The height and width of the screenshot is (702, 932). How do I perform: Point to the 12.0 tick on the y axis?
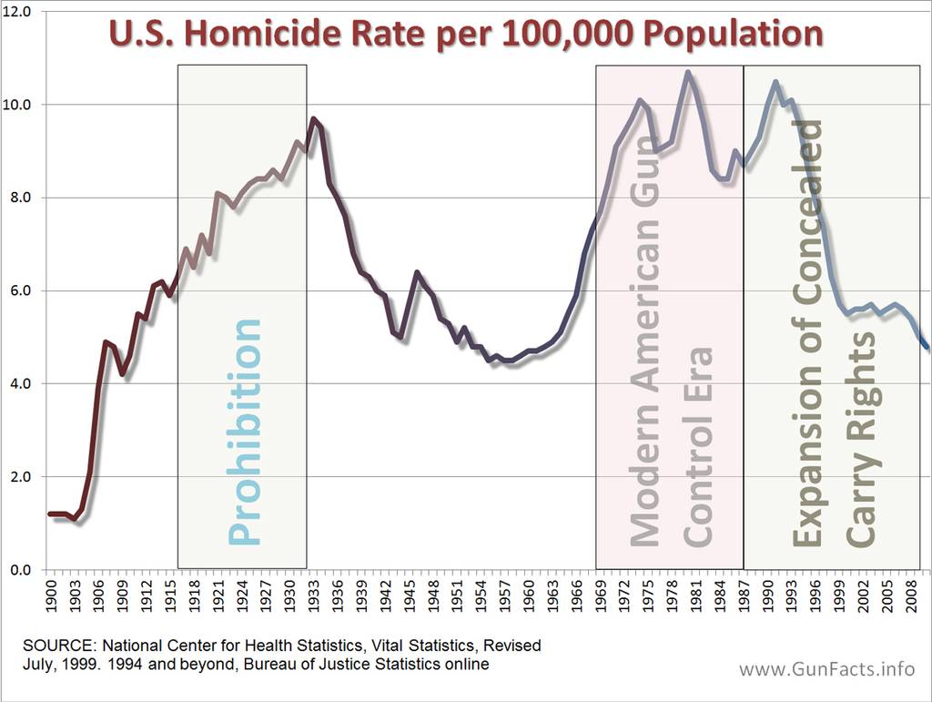pyautogui.click(x=19, y=13)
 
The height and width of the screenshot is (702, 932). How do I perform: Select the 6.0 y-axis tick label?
pyautogui.click(x=19, y=291)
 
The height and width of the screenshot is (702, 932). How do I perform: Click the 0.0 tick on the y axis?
pyautogui.click(x=19, y=570)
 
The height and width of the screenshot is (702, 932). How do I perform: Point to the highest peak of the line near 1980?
pyautogui.click(x=688, y=73)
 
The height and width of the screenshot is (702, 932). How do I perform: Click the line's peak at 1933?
pyautogui.click(x=313, y=119)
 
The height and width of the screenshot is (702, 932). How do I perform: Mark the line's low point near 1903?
pyautogui.click(x=75, y=519)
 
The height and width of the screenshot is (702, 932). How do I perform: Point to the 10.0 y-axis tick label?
pyautogui.click(x=19, y=106)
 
